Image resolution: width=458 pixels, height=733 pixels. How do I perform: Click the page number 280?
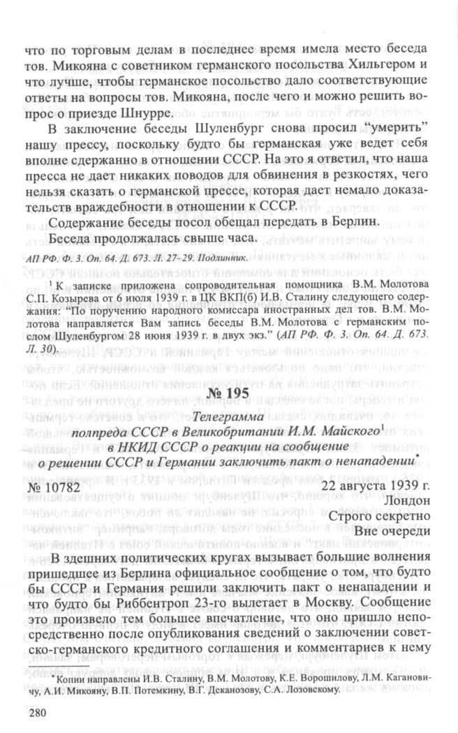point(34,714)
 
